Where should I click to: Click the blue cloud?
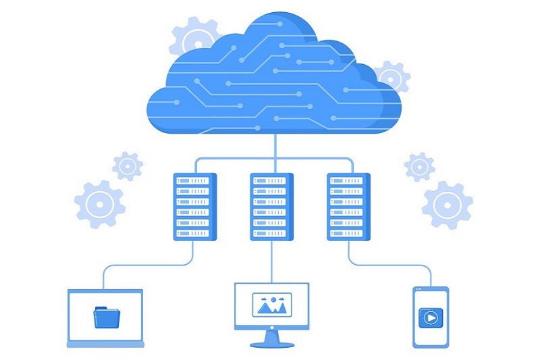coord(270,81)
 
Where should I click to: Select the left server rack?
coord(195,207)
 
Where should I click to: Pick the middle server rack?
coord(272,207)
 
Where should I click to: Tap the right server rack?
coord(349,207)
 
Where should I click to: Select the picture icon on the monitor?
coord(271,305)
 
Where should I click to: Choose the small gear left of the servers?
coord(127,166)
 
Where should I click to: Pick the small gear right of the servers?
coord(419,166)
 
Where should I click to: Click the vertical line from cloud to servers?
coord(273,145)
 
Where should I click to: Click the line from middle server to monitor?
coord(272,260)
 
